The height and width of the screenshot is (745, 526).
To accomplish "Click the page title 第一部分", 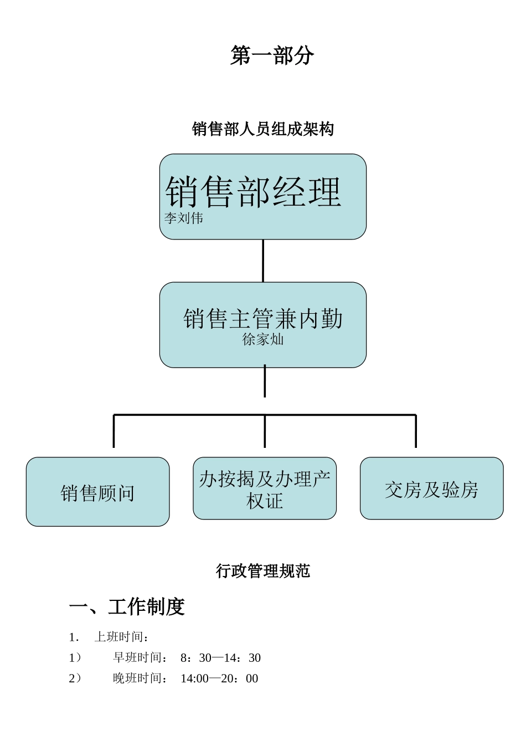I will [272, 55].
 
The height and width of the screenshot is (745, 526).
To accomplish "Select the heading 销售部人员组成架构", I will [263, 129].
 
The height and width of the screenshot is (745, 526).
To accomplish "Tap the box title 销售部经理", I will [253, 192].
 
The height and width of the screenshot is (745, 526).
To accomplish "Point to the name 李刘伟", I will [183, 218].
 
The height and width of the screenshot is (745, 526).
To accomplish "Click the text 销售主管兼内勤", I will [263, 319].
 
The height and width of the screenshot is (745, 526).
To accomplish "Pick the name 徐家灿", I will [263, 339].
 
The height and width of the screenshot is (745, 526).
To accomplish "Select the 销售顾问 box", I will [97, 492].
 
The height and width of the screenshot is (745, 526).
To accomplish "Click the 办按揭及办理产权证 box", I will [265, 489].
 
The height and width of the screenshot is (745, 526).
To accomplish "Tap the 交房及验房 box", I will [431, 489].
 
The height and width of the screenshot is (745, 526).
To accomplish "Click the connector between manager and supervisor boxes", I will [263, 261].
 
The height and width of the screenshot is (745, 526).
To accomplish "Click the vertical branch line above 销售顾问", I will [114, 431].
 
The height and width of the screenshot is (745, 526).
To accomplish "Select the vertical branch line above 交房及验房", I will [416, 431].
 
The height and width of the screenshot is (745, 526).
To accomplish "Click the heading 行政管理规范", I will [263, 571].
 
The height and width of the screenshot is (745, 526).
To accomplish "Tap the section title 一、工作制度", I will [127, 607].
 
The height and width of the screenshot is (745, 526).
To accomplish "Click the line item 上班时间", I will [121, 637].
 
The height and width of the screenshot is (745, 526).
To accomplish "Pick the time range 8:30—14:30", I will [220, 658].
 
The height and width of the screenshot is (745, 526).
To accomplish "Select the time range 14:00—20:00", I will [219, 678].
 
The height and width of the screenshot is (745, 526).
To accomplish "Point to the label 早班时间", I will [140, 658].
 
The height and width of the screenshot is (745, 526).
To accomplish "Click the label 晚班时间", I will [140, 678].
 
